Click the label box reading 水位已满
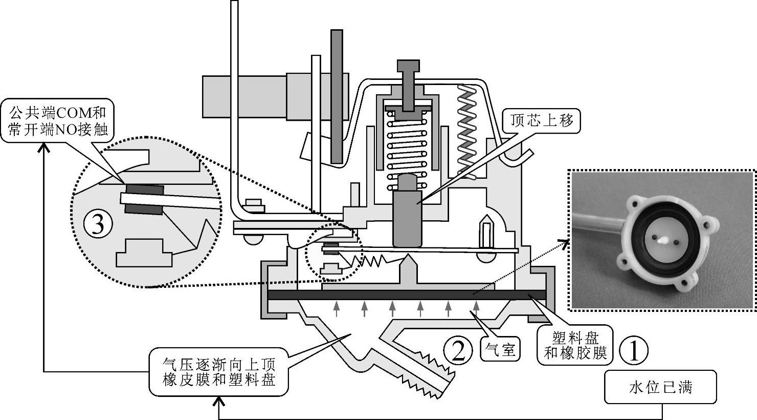pyautogui.click(x=660, y=387)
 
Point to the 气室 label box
pyautogui.click(x=501, y=350)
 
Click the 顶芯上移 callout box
pyautogui.click(x=542, y=120)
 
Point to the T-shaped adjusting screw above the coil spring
pyautogui.click(x=408, y=82)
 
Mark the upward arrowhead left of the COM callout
pyautogui.click(x=44, y=148)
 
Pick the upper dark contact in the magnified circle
pyautogui.click(x=144, y=190)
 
